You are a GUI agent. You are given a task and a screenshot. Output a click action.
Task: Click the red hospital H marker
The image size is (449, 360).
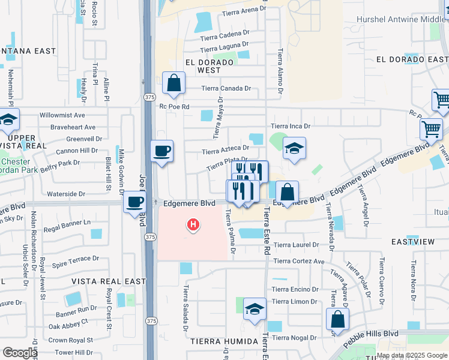coord(193,226)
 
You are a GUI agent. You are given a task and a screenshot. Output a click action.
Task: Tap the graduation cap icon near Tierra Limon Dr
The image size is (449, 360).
coord(255,309)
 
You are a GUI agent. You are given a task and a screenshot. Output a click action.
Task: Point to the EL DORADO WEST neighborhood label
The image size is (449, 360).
coord(209,66)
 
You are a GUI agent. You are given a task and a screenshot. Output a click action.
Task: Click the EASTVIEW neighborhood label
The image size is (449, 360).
coord(412,241)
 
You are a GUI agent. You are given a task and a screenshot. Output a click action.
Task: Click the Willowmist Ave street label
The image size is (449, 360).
coord(62,115)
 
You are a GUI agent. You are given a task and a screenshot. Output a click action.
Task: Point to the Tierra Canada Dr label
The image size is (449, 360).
coord(226,88)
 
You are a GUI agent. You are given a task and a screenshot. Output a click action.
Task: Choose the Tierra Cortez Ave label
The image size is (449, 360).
coord(299,261)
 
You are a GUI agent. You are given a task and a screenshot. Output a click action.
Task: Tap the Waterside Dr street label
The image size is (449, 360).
coord(66,194)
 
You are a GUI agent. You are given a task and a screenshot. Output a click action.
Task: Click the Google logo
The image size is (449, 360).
coord(20,353)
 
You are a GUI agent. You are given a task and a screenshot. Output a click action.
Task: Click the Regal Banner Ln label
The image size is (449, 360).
coord(67,223)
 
